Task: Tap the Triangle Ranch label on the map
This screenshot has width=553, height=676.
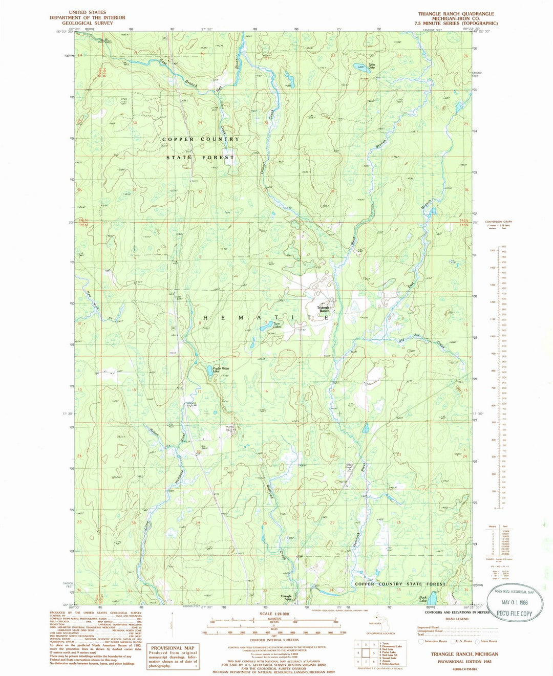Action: (x=324, y=309)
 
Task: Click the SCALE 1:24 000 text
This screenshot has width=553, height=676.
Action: (x=274, y=614)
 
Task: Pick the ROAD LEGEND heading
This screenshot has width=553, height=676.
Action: (x=457, y=619)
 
